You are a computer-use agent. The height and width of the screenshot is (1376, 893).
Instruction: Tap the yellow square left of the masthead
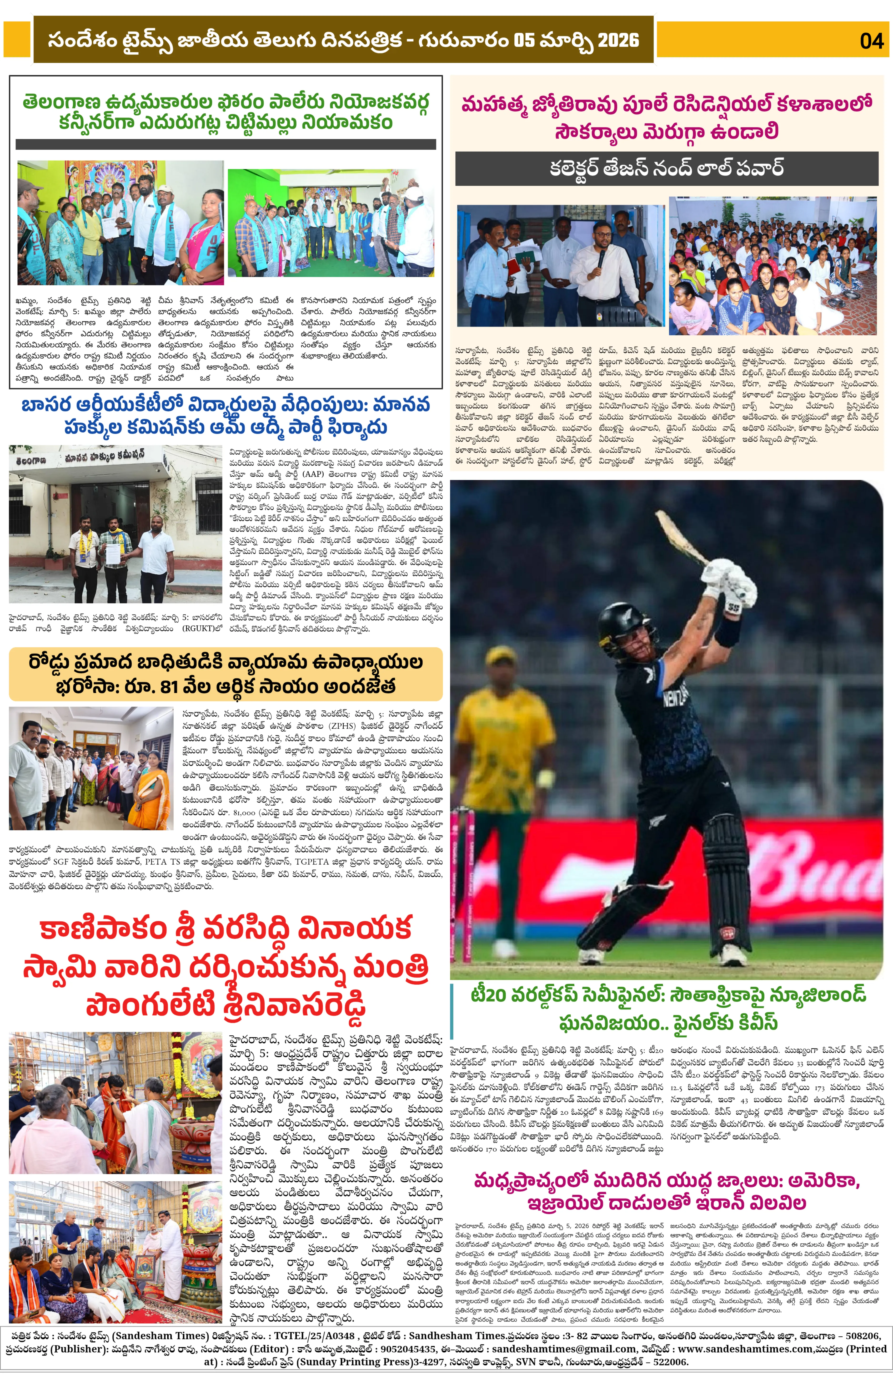16,39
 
